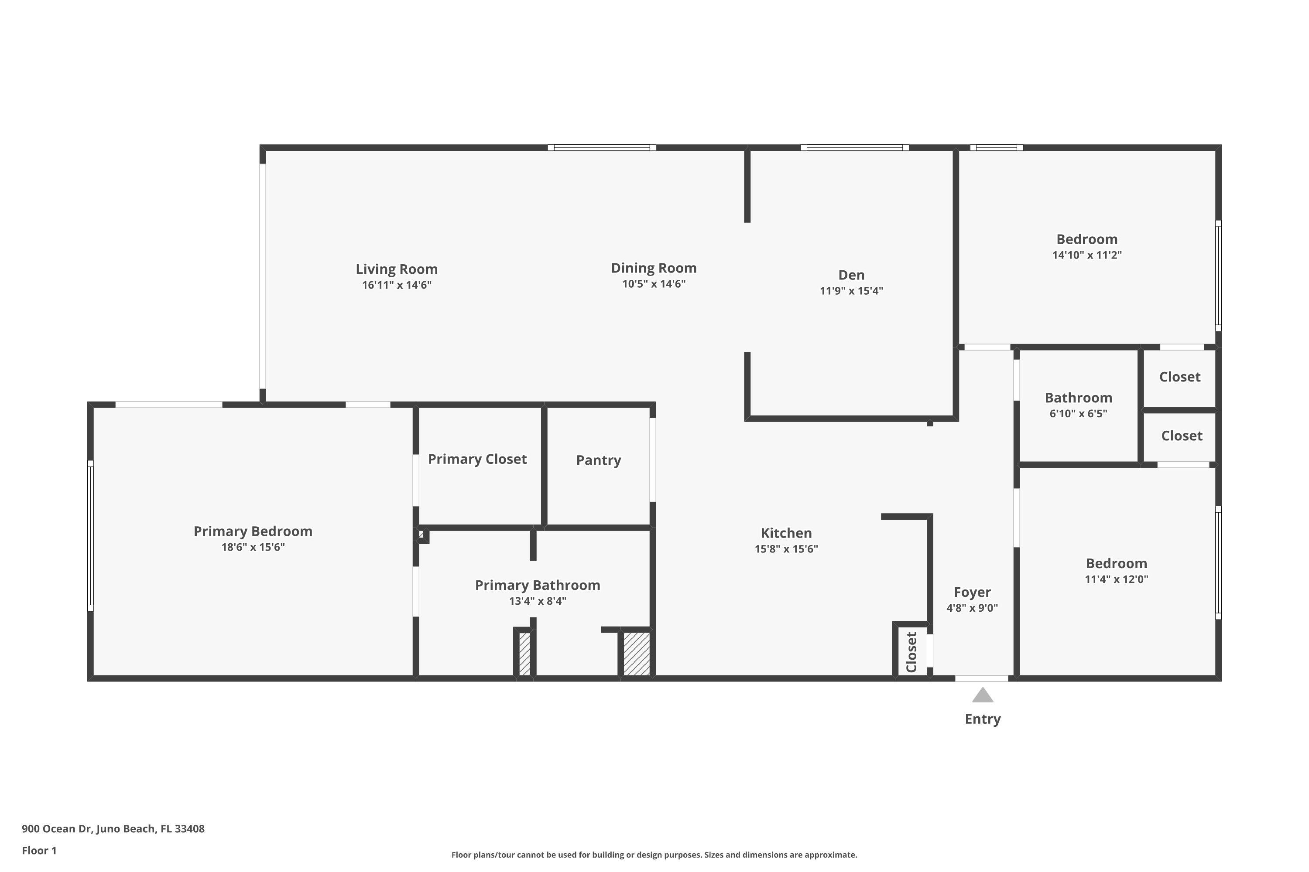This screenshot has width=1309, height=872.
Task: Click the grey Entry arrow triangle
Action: [982, 696]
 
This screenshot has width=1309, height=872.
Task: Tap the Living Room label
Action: [396, 269]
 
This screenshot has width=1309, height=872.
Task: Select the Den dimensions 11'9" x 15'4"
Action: [851, 291]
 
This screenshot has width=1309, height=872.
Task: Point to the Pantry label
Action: [598, 460]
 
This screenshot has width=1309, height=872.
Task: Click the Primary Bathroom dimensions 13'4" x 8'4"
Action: [537, 601]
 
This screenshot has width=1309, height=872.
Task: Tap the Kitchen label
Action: [786, 533]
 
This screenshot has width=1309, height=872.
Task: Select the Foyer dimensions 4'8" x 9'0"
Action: [972, 608]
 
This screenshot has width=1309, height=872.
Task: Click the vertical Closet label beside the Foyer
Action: [911, 652]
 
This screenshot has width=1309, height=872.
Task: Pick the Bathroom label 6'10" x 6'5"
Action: [1078, 398]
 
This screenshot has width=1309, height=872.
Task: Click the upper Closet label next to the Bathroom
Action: [1179, 377]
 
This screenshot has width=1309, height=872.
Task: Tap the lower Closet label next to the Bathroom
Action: [1181, 436]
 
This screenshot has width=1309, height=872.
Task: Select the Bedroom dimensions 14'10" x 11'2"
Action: [1086, 255]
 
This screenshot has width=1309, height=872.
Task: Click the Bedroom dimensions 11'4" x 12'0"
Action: [1116, 579]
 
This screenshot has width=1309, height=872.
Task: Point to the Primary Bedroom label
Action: [253, 531]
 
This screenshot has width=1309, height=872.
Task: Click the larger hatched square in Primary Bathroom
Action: [636, 654]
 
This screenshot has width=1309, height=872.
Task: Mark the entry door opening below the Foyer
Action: [982, 678]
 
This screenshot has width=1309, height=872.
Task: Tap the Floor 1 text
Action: [39, 850]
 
